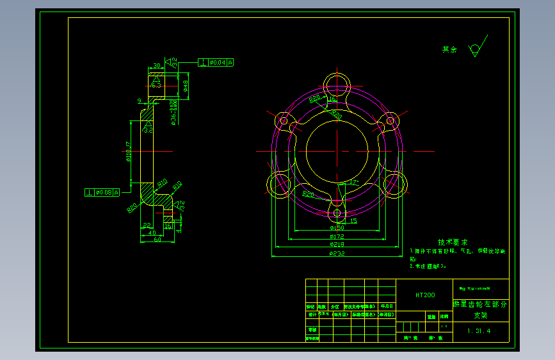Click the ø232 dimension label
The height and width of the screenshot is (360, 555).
337,254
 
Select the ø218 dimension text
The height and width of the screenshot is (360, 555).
337,245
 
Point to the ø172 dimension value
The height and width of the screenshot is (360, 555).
337,236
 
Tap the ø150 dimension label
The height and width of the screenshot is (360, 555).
337,228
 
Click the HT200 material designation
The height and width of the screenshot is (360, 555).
425,295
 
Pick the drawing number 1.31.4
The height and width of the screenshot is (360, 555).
479,331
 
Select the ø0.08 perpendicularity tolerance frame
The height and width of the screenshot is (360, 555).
103,192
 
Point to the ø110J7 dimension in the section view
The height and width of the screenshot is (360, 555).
128,152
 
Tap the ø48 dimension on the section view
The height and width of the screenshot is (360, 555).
186,86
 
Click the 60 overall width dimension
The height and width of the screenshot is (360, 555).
157,239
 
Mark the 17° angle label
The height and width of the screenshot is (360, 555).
354,183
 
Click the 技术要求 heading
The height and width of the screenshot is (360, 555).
453,242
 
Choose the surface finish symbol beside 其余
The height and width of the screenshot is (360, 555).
474,50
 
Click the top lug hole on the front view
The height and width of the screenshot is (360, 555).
337,83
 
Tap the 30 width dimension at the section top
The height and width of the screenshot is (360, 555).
156,65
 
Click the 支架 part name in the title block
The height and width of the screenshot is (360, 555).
480,315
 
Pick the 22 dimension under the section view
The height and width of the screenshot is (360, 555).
147,225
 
